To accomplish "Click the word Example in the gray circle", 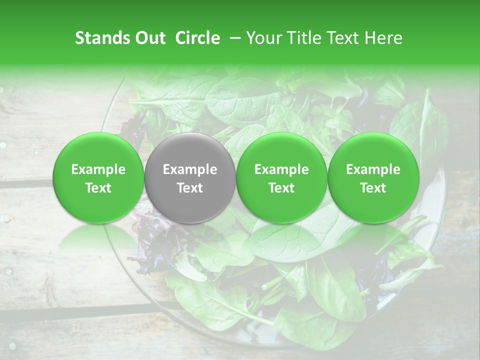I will pos(190,170).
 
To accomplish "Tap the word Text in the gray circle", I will pos(190,188).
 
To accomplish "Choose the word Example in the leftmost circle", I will pos(98,170).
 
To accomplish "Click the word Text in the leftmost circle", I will pos(98,188).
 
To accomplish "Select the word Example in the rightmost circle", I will pos(373,170).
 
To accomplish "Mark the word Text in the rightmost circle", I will pos(373,188).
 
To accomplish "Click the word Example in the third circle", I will pos(281,170).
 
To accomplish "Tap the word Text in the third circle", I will pos(281,188).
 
